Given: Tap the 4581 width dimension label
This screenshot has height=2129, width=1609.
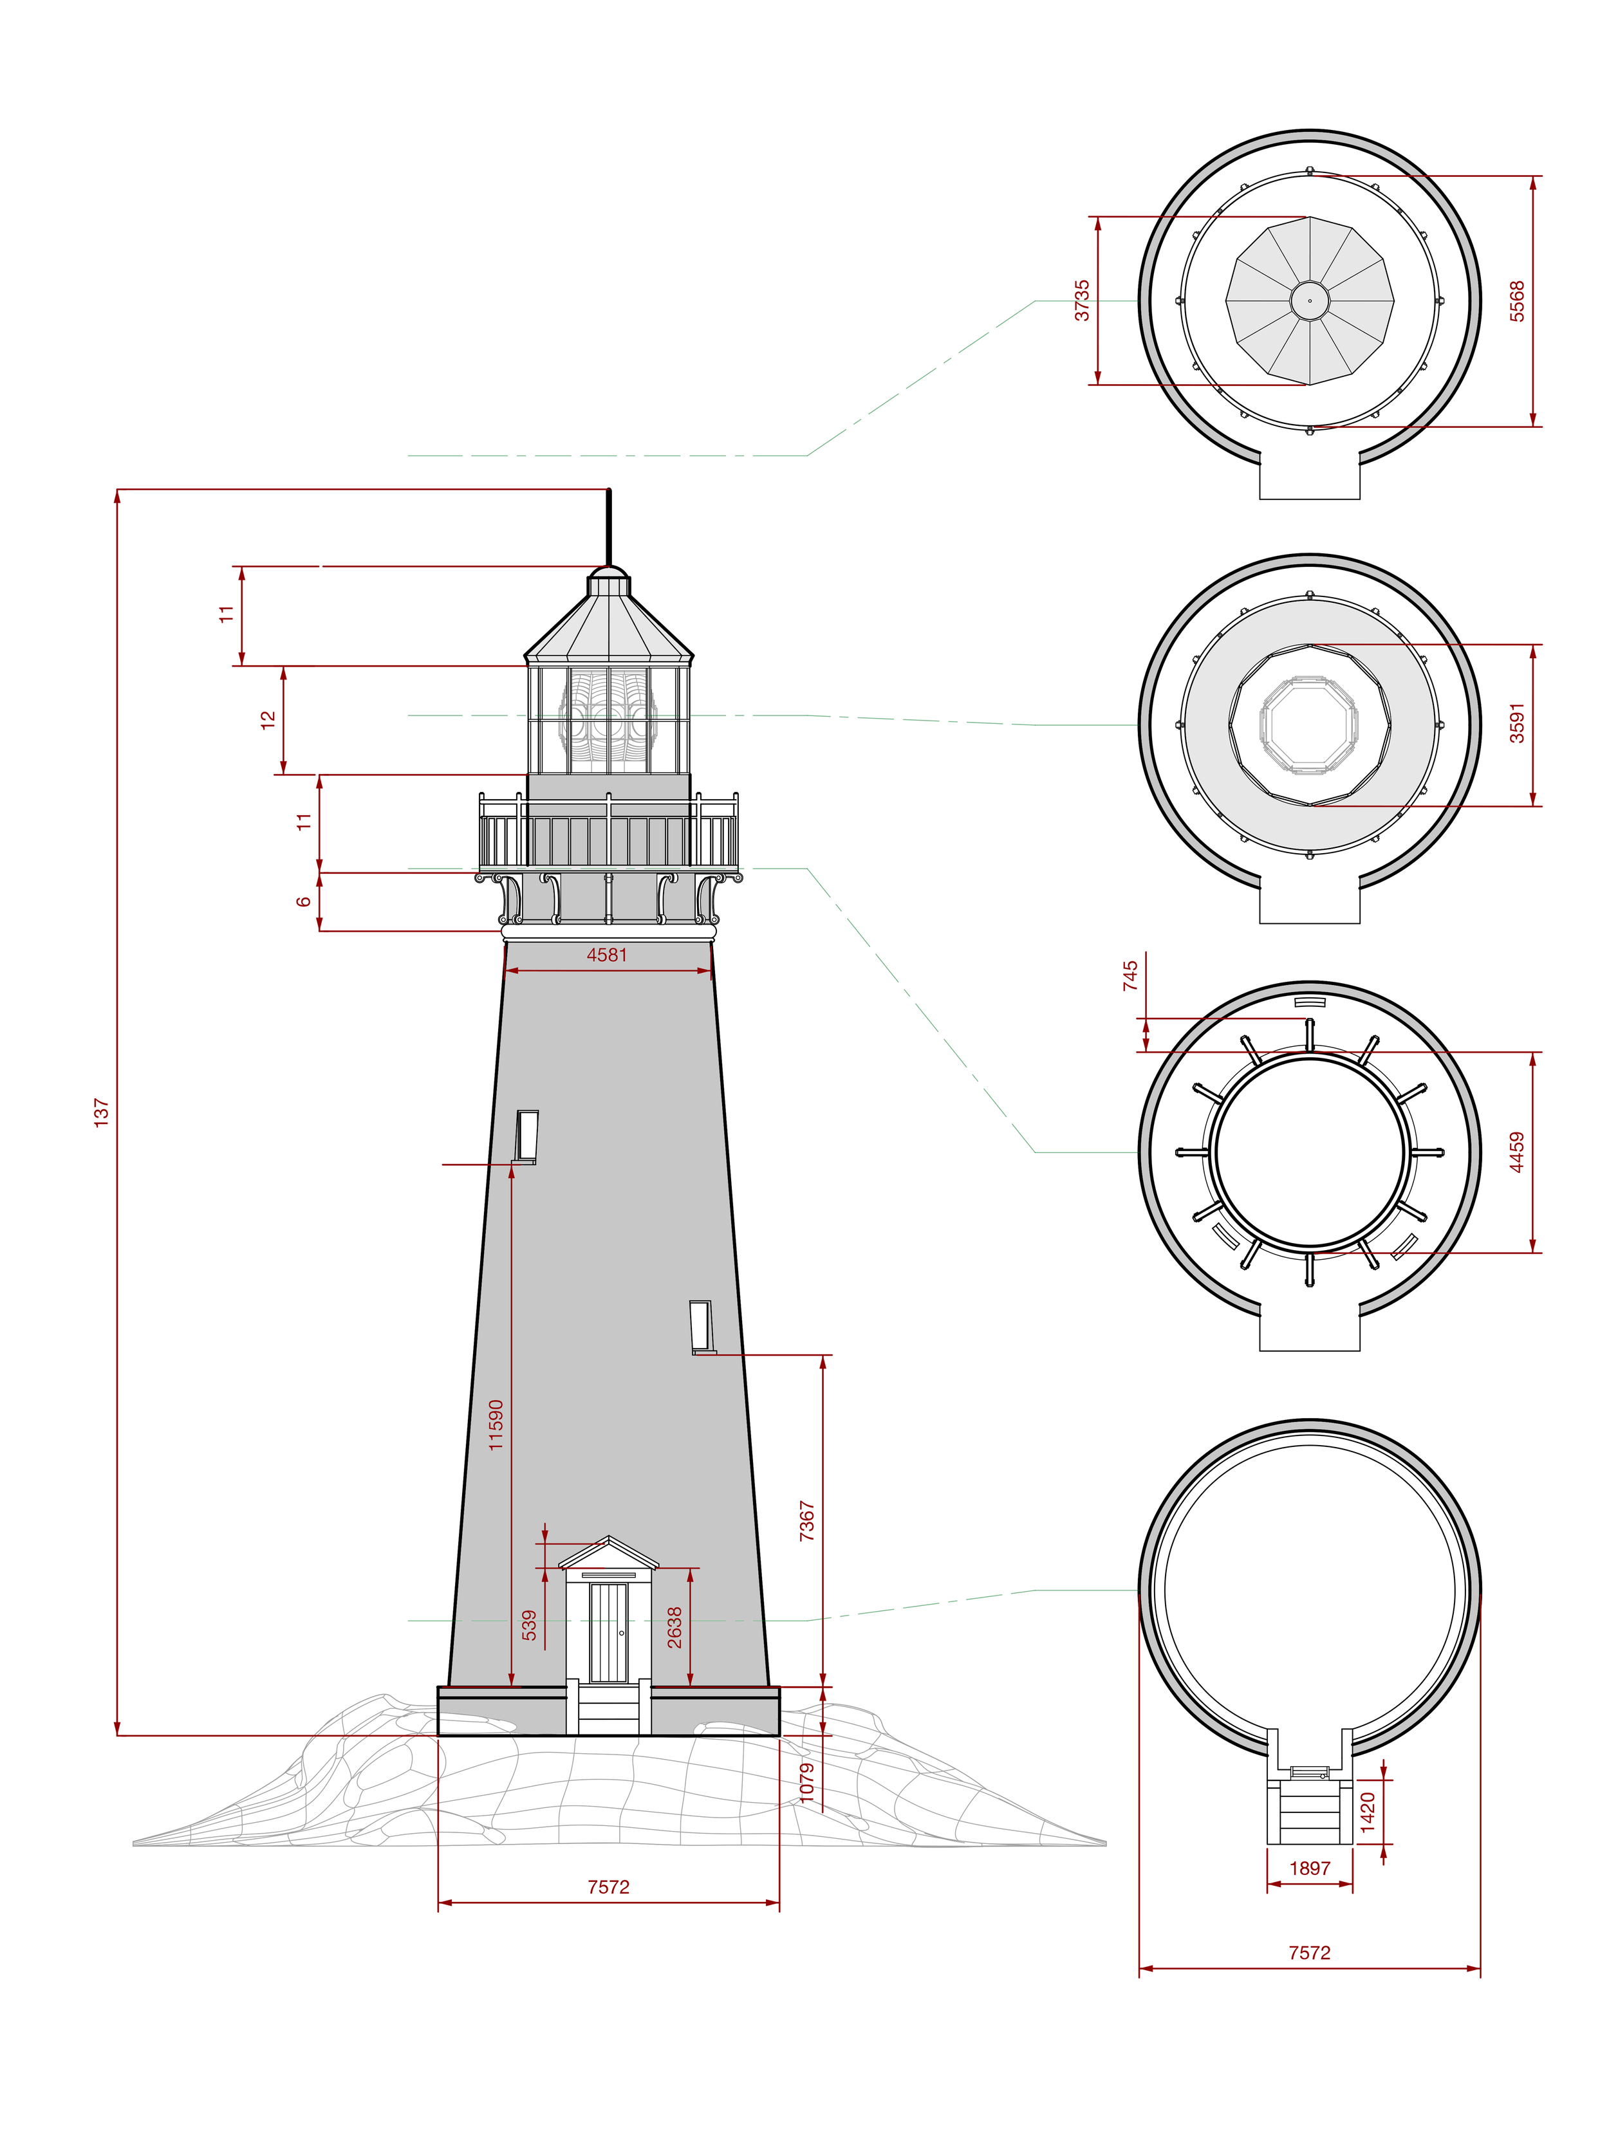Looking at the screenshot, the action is [x=607, y=955].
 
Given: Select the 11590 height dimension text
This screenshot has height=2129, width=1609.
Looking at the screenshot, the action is [x=496, y=1425].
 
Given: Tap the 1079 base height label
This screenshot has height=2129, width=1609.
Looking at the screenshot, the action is [x=807, y=1782].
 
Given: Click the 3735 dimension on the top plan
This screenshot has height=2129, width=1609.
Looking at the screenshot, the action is [x=1083, y=300].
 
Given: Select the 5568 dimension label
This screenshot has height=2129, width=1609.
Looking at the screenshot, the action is [x=1518, y=301].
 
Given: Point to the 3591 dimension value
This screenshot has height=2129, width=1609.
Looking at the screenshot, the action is [x=1518, y=723].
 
